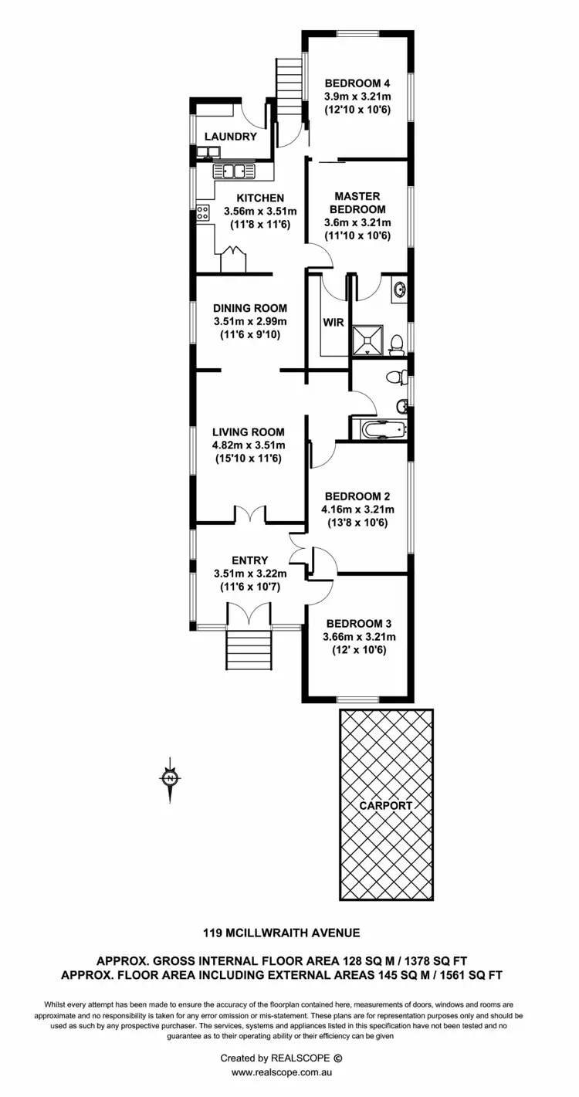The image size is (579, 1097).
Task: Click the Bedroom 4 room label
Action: tap(357, 83)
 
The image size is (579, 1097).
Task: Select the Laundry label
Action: tap(230, 137)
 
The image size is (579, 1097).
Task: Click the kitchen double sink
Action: tap(229, 171)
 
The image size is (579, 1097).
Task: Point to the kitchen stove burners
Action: tap(203, 212)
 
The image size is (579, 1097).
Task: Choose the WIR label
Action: tap(332, 322)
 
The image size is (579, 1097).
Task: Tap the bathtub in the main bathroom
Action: tap(379, 429)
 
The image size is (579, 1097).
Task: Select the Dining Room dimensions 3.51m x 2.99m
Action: tap(249, 322)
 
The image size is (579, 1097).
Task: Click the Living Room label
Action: tap(249, 432)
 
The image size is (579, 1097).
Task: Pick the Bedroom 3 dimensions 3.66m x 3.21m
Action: tap(359, 637)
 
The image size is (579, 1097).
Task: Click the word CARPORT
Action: tap(386, 805)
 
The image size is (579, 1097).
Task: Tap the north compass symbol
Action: tap(170, 777)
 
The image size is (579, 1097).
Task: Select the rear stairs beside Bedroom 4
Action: tap(287, 87)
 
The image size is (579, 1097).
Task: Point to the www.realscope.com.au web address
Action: tap(282, 1072)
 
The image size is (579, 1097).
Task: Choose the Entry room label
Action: tap(249, 560)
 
